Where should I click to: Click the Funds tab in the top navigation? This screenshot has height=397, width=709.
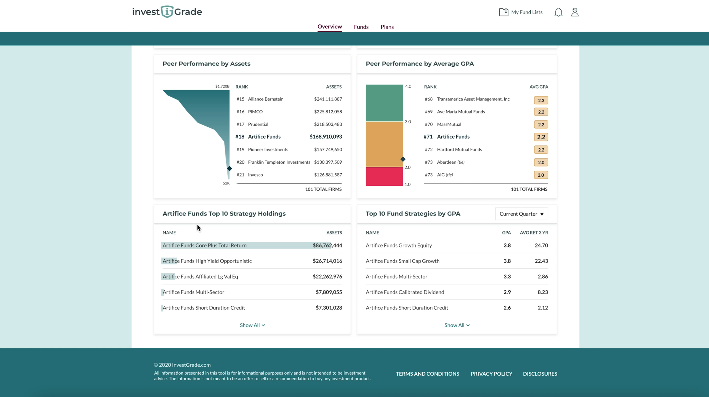(361, 27)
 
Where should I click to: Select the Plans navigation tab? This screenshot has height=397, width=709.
(387, 27)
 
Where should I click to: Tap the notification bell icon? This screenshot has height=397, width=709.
(558, 12)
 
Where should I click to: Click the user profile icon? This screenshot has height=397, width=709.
(575, 12)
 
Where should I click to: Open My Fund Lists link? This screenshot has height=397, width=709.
(521, 12)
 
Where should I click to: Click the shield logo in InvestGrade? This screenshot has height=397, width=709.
(167, 12)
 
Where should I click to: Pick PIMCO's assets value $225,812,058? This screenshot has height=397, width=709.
(328, 112)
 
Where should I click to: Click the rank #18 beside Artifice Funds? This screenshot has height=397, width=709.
(240, 137)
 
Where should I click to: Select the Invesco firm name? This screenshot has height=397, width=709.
(255, 175)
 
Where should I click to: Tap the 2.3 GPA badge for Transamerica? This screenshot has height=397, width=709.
(541, 100)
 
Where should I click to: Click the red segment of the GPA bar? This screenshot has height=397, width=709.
(384, 177)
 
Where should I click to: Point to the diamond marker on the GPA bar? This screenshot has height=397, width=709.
(403, 159)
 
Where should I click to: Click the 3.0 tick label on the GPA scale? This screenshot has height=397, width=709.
(408, 122)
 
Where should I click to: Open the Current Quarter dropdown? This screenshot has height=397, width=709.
(522, 214)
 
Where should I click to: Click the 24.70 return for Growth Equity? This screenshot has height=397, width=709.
(541, 246)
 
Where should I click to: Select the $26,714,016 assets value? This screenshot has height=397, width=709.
(327, 261)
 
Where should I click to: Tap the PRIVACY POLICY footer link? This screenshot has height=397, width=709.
(491, 374)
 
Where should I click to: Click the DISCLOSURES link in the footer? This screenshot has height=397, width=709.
(540, 374)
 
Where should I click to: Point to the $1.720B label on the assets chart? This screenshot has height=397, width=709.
(222, 86)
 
